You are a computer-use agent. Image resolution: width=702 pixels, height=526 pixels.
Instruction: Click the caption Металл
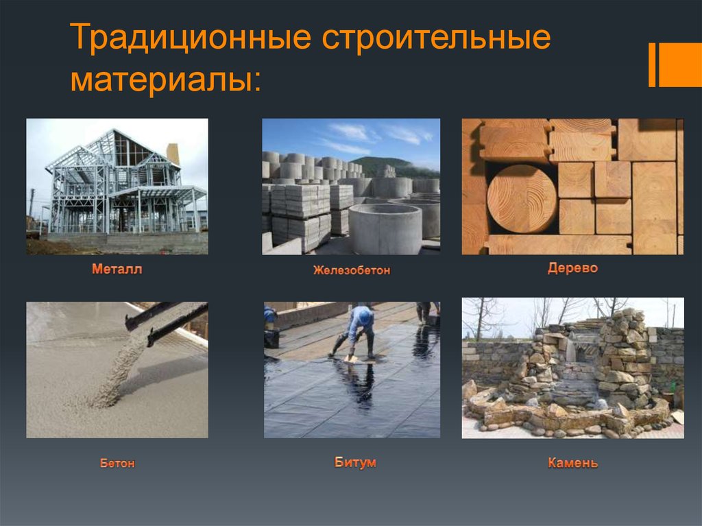pyautogui.click(x=117, y=269)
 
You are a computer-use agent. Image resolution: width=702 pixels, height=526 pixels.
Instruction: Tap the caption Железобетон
pyautogui.click(x=352, y=270)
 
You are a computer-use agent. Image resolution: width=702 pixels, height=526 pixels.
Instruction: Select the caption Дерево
pyautogui.click(x=572, y=268)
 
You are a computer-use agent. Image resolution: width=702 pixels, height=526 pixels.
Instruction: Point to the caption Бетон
pyautogui.click(x=117, y=463)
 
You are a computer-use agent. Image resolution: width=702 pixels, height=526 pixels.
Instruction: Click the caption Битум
pyautogui.click(x=355, y=462)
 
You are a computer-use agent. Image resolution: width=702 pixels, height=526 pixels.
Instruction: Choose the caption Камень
pyautogui.click(x=572, y=462)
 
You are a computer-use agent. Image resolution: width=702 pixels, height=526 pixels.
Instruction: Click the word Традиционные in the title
pyautogui.click(x=191, y=38)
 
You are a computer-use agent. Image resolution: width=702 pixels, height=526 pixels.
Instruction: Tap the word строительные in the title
pyautogui.click(x=436, y=38)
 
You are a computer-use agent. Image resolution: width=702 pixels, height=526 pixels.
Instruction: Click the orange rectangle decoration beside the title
pyautogui.click(x=680, y=65)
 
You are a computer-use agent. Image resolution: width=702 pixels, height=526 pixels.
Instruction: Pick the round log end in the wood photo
pyautogui.click(x=522, y=199)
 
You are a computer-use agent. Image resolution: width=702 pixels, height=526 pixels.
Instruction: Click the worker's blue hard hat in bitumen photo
pyautogui.click(x=365, y=316)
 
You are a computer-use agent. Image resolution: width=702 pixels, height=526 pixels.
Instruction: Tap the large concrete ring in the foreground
pyautogui.click(x=385, y=228)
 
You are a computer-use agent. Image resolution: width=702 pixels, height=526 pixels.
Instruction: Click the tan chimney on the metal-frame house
pyautogui.click(x=173, y=154)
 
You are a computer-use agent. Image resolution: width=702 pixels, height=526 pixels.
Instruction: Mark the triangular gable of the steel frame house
pyautogui.click(x=130, y=149)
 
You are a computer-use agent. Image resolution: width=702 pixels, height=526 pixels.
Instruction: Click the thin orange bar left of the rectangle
pyautogui.click(x=652, y=65)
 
